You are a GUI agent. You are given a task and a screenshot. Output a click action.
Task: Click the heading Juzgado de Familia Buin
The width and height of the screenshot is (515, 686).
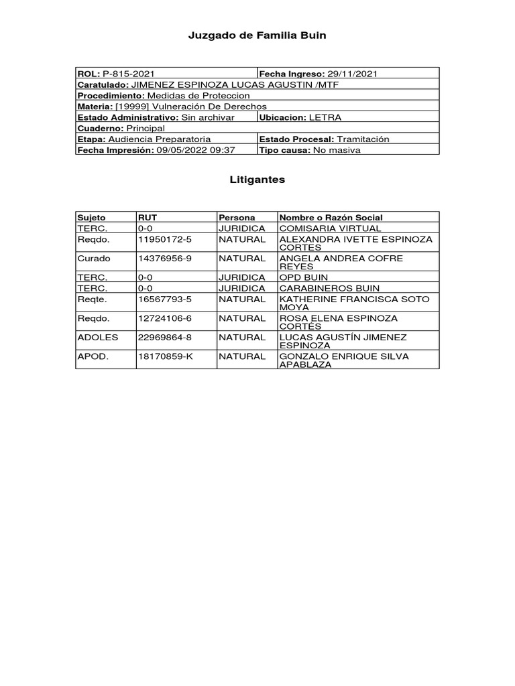point(257,36)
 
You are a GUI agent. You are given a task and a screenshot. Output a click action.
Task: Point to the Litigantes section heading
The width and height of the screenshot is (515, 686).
point(257,180)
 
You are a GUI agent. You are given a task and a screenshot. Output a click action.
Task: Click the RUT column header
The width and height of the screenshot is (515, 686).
point(148,218)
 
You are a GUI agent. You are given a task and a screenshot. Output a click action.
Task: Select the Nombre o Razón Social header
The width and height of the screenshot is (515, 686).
point(331,218)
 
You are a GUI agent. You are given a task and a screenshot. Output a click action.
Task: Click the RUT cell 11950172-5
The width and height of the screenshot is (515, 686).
point(165,239)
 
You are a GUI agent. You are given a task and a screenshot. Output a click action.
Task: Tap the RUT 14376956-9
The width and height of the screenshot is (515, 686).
point(165,258)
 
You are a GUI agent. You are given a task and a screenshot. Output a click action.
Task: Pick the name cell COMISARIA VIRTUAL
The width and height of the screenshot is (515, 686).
point(330,228)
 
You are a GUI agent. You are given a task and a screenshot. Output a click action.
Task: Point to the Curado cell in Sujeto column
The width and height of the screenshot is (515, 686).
point(94,258)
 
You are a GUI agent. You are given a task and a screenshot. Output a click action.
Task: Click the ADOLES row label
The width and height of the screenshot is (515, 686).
point(98,338)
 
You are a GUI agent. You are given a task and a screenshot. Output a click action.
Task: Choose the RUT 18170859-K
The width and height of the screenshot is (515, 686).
point(165,356)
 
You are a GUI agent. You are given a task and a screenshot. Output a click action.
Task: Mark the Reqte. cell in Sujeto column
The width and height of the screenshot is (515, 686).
point(93,299)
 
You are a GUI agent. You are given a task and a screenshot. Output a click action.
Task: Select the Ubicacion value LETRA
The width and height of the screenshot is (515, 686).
point(325,117)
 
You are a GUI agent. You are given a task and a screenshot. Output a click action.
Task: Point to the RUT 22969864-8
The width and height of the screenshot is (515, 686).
point(165,338)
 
